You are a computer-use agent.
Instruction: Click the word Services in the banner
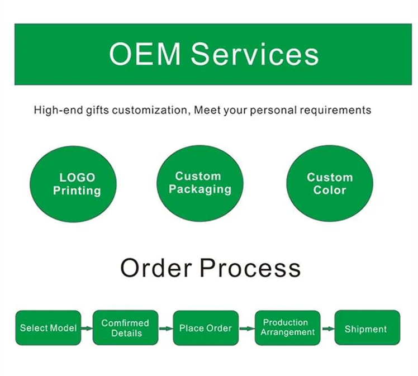tap(255, 54)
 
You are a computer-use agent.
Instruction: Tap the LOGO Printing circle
tap(77, 184)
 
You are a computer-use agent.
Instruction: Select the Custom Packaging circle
tap(199, 183)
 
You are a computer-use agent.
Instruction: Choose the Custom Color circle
tap(330, 184)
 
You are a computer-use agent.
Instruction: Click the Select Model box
tap(48, 328)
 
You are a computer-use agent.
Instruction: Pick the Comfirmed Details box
tap(125, 328)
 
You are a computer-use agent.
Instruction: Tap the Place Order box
tap(206, 328)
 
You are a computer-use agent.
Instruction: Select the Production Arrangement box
tap(287, 327)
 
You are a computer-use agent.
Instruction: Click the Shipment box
tap(367, 329)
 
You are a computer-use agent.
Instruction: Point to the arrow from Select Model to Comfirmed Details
tap(87, 329)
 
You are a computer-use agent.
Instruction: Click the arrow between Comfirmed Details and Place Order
tap(166, 329)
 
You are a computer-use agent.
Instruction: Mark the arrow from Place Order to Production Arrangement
tap(246, 329)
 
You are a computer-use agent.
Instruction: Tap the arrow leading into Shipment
tap(327, 329)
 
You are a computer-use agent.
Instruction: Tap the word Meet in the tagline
tap(206, 110)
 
